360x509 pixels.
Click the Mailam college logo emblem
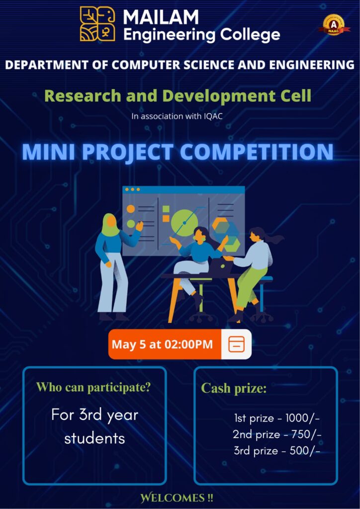tap(97, 24)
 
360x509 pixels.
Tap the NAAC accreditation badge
tap(334, 25)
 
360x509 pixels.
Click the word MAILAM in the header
tap(161, 17)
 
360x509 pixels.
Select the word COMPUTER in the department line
tap(146, 65)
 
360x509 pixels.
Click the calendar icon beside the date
tap(236, 344)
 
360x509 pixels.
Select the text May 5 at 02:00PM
tap(162, 344)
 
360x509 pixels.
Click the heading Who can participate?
tap(94, 387)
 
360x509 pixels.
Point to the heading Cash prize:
tap(234, 388)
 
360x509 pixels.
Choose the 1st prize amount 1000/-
tap(302, 419)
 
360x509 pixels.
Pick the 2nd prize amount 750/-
tap(305, 434)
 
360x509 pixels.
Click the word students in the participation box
tap(94, 438)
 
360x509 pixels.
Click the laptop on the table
tap(220, 267)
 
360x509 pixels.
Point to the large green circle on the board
tap(184, 223)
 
